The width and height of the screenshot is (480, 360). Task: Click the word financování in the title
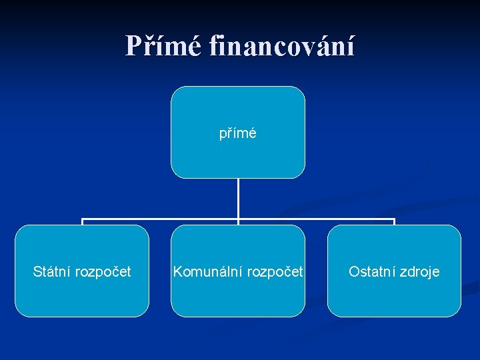282,46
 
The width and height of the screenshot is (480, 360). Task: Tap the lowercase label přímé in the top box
238,133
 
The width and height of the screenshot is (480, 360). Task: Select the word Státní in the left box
52,271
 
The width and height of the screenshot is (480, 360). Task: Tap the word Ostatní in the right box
372,271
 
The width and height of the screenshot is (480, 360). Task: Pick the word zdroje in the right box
419,272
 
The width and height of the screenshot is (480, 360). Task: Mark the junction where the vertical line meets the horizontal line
238,219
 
